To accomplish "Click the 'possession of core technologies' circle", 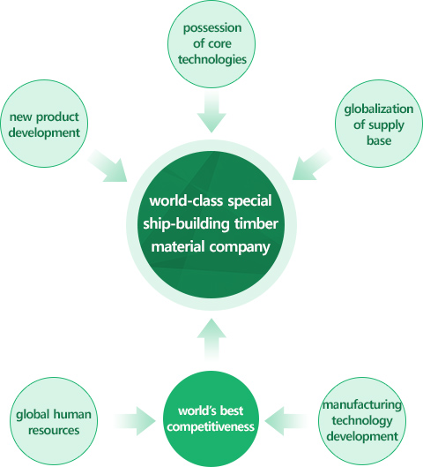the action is tap(211, 44).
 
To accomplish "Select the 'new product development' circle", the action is tap(44, 124).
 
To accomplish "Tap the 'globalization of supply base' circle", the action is tap(379, 124).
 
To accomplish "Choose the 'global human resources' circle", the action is tap(54, 421).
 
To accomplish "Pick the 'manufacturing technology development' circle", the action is tap(362, 421).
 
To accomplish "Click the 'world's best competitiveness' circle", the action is tap(211, 418).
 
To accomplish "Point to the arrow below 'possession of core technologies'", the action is tap(211, 112).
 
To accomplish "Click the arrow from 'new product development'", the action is tap(108, 166).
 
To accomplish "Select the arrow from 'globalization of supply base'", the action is tap(312, 165).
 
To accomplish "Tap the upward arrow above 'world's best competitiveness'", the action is tap(211, 339).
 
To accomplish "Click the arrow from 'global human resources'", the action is tap(135, 421).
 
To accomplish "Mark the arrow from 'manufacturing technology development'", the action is tap(285, 421).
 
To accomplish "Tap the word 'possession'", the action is tap(212, 28).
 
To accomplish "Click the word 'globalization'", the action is tap(379, 109).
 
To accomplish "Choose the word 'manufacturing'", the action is tap(362, 405).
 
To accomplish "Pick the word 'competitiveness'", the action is tap(211, 427).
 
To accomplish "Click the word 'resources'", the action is tap(54, 431).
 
